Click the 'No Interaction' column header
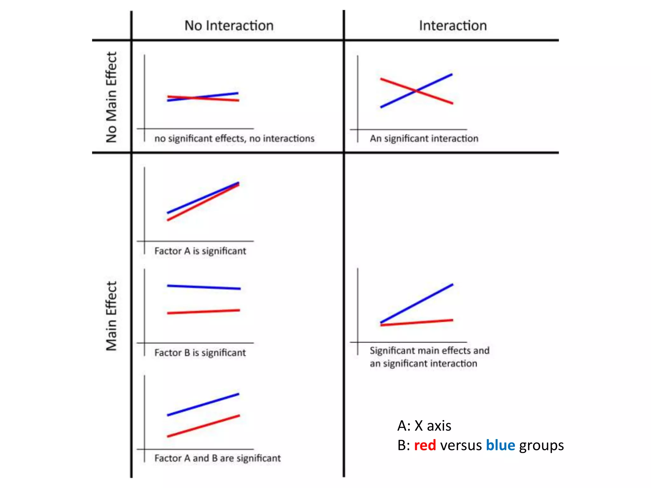(229, 26)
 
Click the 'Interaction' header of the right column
(453, 26)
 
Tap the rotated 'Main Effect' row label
(112, 316)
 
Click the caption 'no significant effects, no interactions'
(234, 139)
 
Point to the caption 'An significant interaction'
(424, 139)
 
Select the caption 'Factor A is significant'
(200, 251)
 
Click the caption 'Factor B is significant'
(200, 353)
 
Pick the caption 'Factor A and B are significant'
(217, 458)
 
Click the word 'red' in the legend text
(425, 445)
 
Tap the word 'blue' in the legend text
(500, 445)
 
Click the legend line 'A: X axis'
(424, 426)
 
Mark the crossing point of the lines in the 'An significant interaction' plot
(416, 91)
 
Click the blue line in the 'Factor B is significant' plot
(203, 287)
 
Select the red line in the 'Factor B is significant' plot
(203, 312)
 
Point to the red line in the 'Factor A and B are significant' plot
(203, 426)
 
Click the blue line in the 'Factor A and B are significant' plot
(203, 404)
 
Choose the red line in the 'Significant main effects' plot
(416, 322)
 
